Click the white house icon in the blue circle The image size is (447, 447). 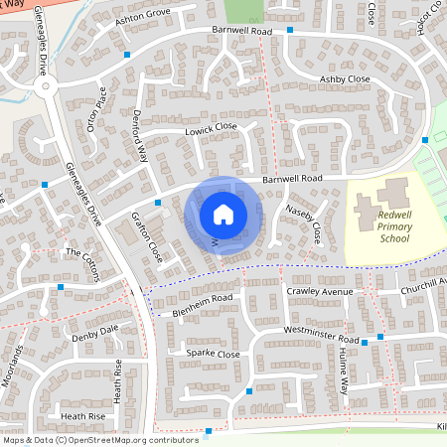point(223,214)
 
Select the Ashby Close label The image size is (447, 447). point(345,78)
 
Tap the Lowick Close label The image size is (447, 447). point(211,128)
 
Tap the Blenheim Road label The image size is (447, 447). point(199,298)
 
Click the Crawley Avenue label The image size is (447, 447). point(320,292)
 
